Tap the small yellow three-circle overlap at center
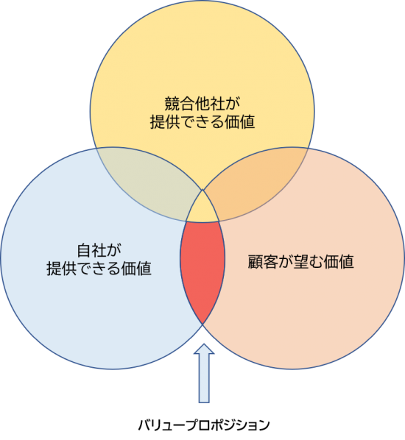(x=202, y=209)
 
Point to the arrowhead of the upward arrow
(x=204, y=349)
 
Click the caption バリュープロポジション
(x=204, y=425)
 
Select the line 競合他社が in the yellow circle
(x=202, y=103)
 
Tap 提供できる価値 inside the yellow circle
(x=202, y=122)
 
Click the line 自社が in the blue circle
(x=99, y=250)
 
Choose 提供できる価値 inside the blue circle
(x=99, y=269)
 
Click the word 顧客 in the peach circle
(x=263, y=261)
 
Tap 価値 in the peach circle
(x=339, y=261)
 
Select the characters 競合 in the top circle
(x=179, y=103)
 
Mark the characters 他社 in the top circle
(x=210, y=103)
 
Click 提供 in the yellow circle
(x=165, y=122)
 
